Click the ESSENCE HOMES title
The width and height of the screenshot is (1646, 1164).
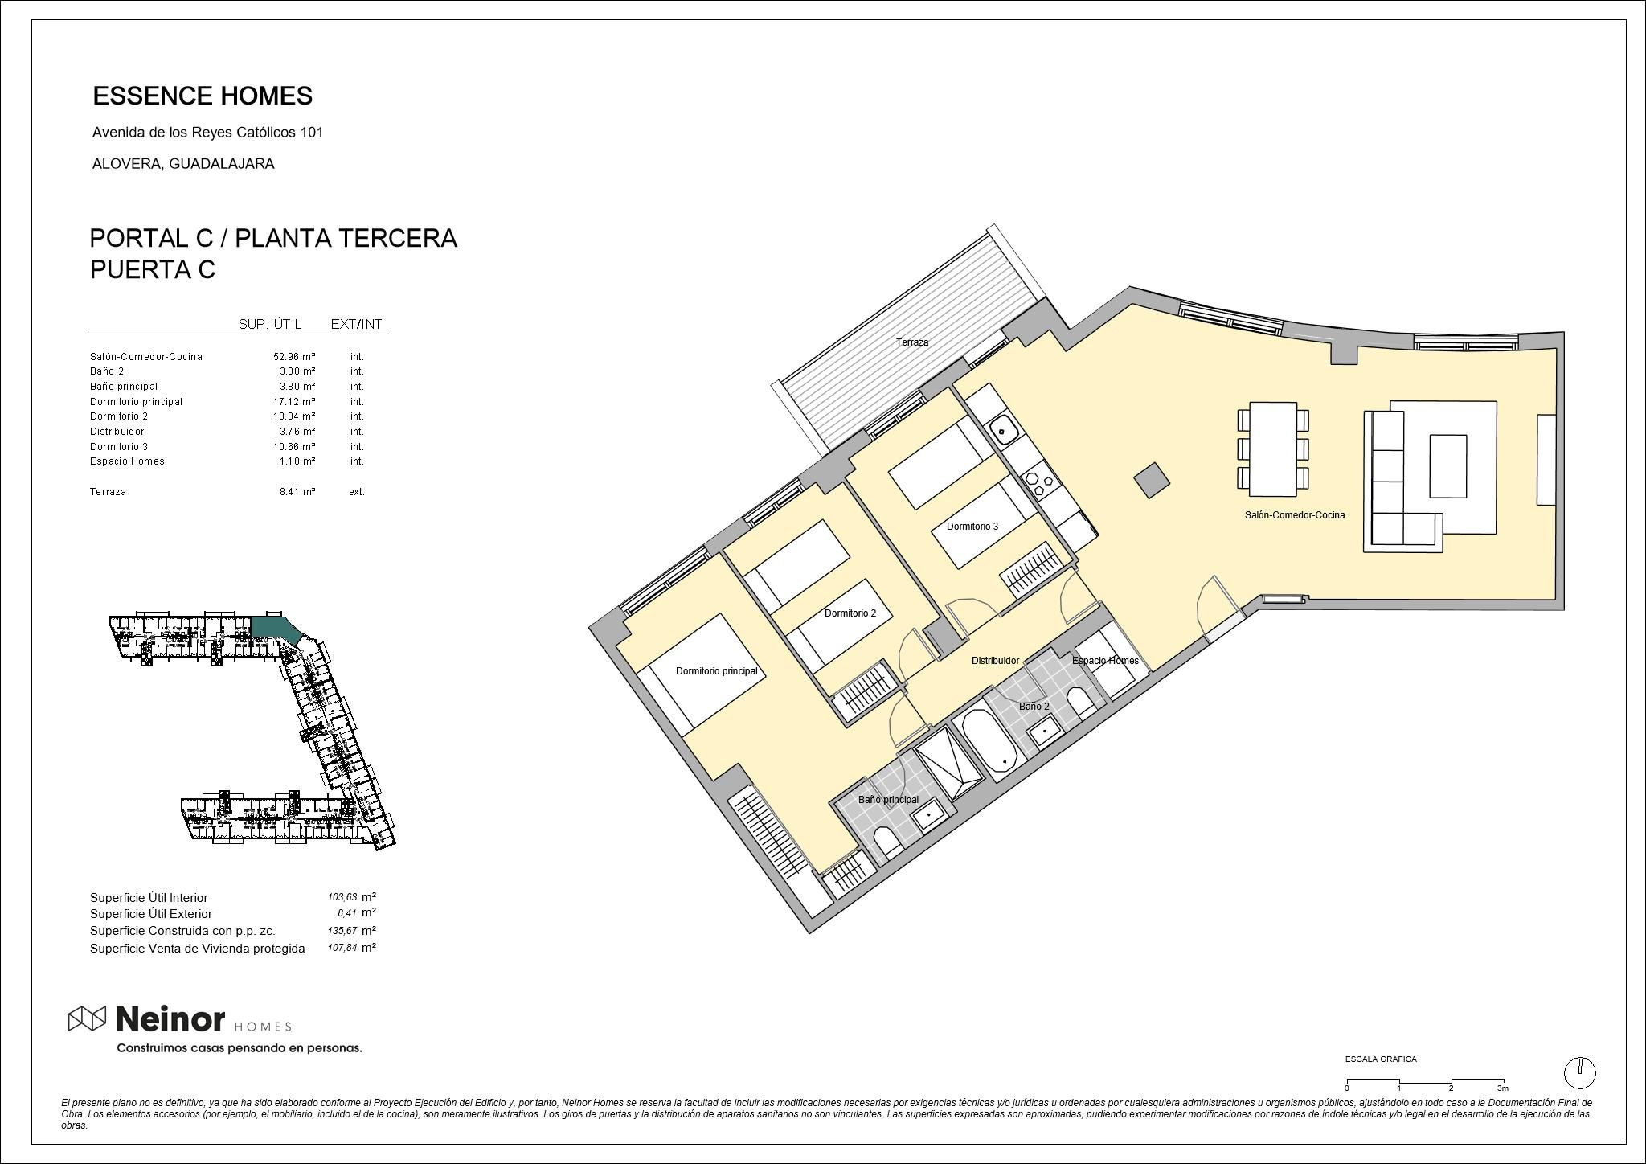click(203, 96)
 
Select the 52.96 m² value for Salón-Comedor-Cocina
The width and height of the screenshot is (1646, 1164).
click(293, 356)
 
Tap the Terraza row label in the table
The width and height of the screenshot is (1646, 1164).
click(108, 492)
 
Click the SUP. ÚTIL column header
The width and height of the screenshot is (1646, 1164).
click(270, 325)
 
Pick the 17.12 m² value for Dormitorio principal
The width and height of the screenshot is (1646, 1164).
click(293, 401)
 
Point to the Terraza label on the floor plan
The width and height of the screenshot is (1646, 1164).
click(912, 342)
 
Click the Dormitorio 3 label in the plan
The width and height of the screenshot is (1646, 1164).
click(972, 527)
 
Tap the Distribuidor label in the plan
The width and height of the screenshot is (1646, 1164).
click(995, 661)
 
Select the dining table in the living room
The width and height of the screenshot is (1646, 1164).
click(1273, 450)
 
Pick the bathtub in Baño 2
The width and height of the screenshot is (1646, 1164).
click(990, 740)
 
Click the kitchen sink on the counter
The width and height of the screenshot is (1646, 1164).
click(1003, 430)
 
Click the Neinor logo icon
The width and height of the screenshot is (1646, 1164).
click(87, 1019)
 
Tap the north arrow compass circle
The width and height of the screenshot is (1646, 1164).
click(1579, 1072)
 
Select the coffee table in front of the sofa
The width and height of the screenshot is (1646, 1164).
click(1447, 466)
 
